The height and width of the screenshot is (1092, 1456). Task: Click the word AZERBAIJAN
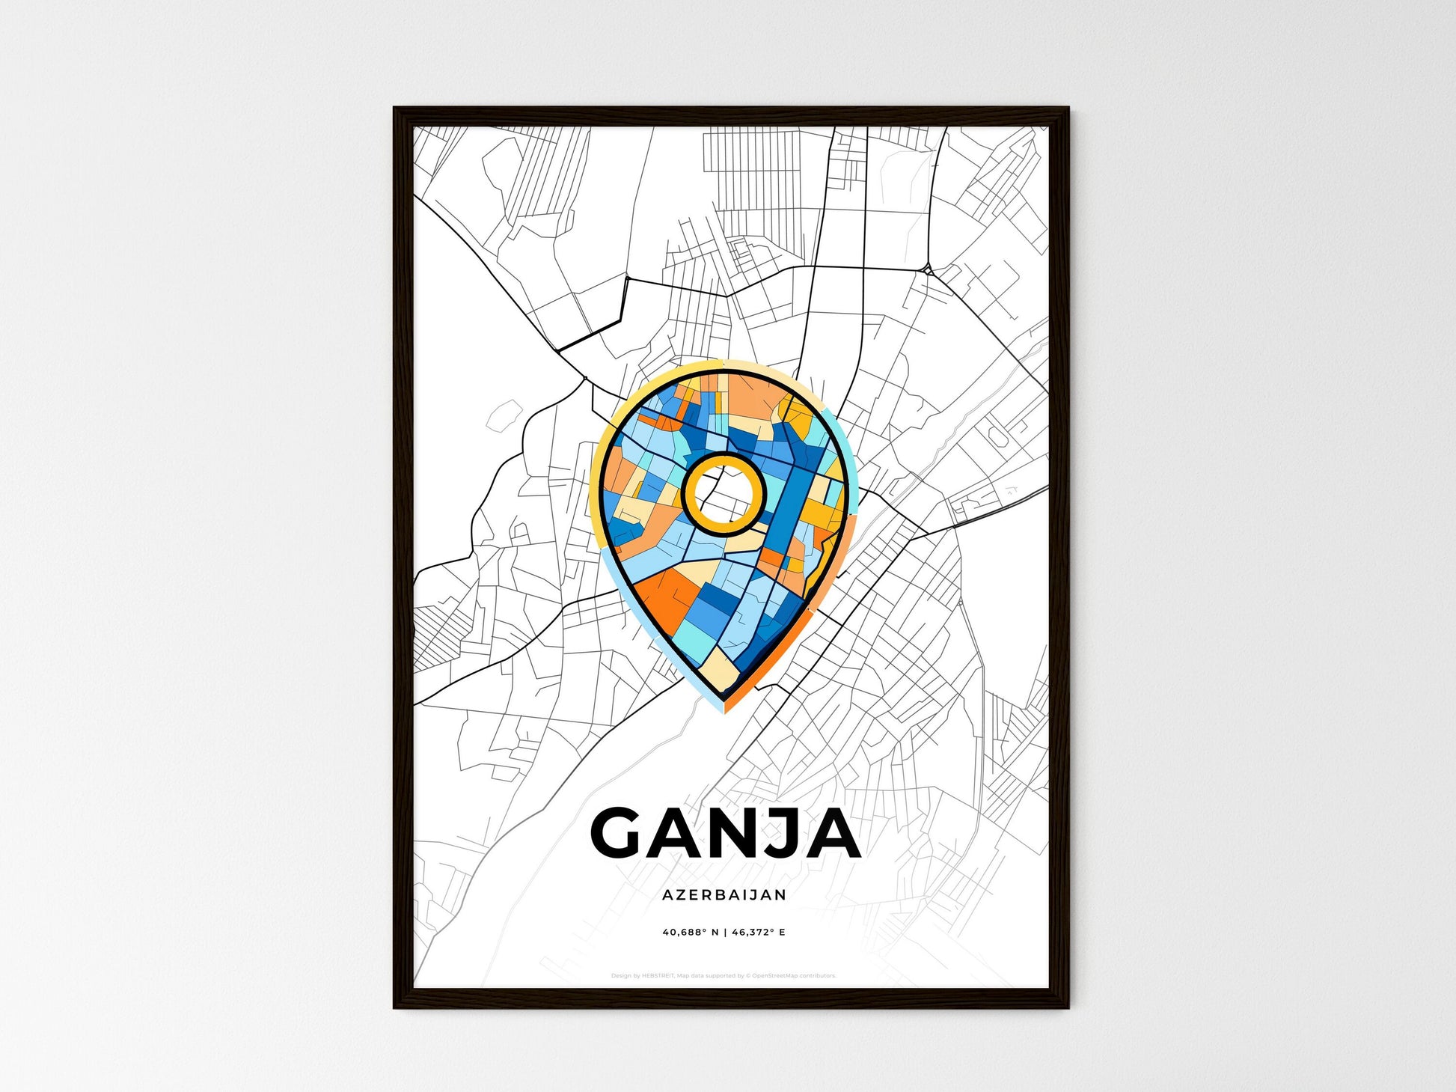point(724,895)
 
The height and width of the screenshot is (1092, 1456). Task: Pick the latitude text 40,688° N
point(690,933)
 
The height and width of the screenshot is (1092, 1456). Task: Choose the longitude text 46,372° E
point(759,933)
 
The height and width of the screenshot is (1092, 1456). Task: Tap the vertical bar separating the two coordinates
point(724,933)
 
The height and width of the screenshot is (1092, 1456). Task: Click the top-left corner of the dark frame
point(396,109)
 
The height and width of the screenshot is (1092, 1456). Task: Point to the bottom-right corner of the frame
point(1067,1007)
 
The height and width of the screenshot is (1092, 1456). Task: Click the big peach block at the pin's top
point(752,397)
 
